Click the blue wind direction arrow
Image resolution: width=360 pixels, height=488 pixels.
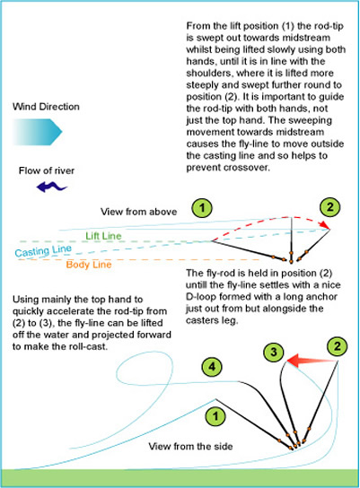coord(38,132)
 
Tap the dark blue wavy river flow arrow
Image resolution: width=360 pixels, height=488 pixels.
coord(52,187)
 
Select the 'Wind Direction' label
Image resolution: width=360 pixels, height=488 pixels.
coord(46,107)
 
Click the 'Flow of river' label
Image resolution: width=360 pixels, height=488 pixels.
coord(47,170)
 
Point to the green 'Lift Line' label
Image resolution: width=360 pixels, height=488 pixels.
coord(103,236)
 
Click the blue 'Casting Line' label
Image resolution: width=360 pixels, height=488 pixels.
coord(43,251)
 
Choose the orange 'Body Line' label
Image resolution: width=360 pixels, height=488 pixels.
coord(89,265)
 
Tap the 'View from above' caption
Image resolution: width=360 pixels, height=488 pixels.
coord(138,212)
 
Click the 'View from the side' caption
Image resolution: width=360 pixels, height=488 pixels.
coord(190,447)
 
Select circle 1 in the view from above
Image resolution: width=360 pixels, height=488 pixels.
coord(202,208)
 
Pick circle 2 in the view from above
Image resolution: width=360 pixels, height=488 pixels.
coord(329,207)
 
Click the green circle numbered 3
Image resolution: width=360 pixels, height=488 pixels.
coord(274,353)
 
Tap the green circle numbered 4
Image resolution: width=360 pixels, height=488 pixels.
coord(212,367)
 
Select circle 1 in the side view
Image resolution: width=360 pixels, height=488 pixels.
coord(215,416)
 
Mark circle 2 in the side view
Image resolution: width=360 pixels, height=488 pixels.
coord(338,346)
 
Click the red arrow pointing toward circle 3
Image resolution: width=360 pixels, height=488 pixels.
coord(312,361)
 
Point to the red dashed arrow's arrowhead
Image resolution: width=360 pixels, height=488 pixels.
coord(325,225)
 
